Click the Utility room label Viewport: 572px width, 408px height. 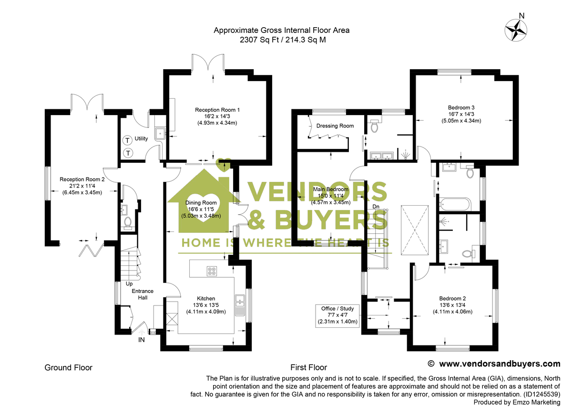(x=142, y=139)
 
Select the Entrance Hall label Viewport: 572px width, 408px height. (x=143, y=294)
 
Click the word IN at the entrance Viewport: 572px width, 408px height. (x=142, y=340)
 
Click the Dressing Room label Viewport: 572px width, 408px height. (x=335, y=126)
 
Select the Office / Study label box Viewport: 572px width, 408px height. (x=337, y=315)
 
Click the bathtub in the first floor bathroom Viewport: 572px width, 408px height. (x=455, y=206)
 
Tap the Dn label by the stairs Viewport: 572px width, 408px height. (x=376, y=206)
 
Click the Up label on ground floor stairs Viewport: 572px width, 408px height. (x=129, y=284)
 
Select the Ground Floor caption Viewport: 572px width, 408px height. (x=68, y=367)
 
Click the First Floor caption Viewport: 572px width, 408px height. (x=309, y=367)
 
